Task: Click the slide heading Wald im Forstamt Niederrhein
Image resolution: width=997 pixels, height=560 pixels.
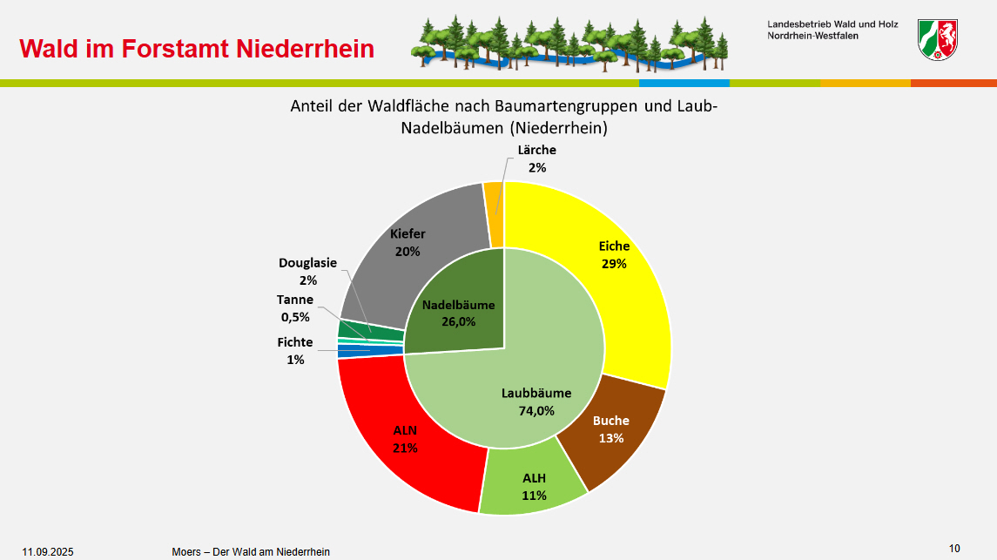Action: click(x=197, y=49)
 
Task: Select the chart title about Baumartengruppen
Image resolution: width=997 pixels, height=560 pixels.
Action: click(x=503, y=117)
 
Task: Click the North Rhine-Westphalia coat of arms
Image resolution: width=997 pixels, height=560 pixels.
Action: click(x=938, y=40)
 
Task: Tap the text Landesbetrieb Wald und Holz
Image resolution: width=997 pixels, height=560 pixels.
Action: click(x=832, y=24)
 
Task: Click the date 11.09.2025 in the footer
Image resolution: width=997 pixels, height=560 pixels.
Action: click(x=48, y=551)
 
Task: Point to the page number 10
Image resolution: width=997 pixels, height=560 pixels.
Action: click(x=954, y=549)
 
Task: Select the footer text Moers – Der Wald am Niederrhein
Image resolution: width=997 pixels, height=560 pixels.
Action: click(x=251, y=551)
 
